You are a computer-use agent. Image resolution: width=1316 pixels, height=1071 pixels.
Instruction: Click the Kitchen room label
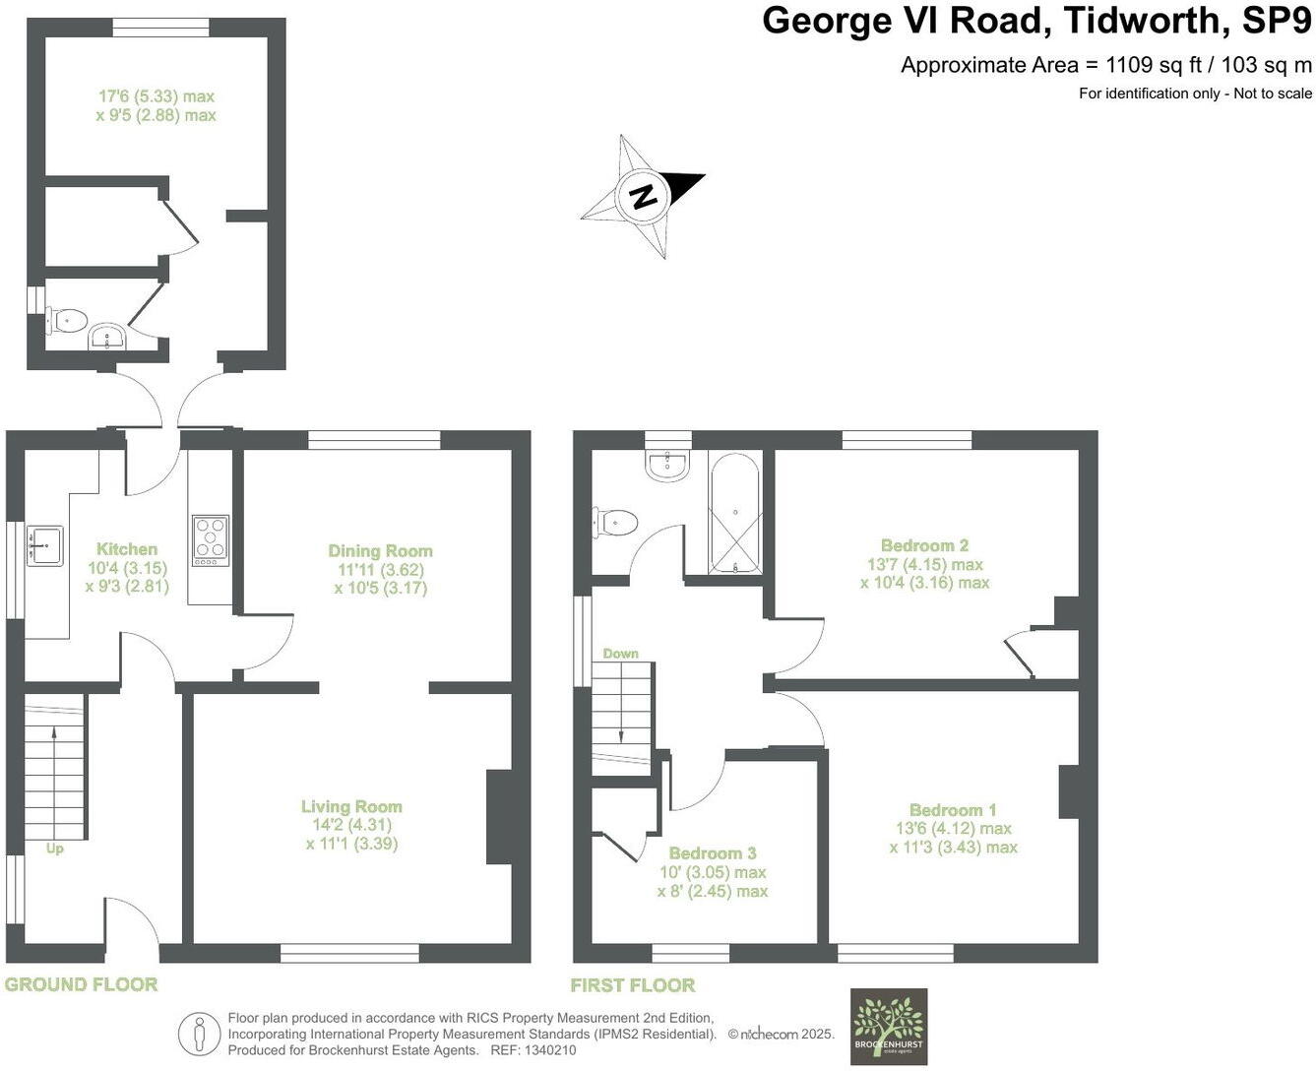coord(127,549)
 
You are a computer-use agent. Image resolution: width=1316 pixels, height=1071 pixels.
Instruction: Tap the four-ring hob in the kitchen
coord(211,540)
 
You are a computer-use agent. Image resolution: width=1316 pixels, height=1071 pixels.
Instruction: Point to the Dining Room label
coord(380,551)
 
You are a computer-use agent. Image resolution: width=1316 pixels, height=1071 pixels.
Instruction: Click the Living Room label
coord(351,807)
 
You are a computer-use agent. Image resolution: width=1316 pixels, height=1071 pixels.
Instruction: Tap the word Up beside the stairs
coord(54,849)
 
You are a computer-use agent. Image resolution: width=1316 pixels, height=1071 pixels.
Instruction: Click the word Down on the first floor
coord(620,654)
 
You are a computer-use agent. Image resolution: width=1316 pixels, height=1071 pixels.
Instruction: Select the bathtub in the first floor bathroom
coord(735,513)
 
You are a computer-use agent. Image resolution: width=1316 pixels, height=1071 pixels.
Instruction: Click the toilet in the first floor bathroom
coord(614,522)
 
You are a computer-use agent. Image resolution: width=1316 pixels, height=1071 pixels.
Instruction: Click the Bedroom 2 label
coord(924,545)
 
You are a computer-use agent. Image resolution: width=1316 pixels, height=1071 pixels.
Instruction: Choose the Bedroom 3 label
coord(713,853)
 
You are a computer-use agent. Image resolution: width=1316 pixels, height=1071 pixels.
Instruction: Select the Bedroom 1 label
coord(953,810)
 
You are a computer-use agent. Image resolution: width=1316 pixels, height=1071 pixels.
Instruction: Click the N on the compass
coord(644,195)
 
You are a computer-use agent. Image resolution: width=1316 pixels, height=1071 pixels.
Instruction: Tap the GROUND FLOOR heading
coord(81,984)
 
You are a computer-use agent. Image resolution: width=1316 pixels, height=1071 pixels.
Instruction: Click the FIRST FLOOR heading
coord(633,985)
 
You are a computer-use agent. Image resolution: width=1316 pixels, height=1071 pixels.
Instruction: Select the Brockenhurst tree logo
coord(888,1026)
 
